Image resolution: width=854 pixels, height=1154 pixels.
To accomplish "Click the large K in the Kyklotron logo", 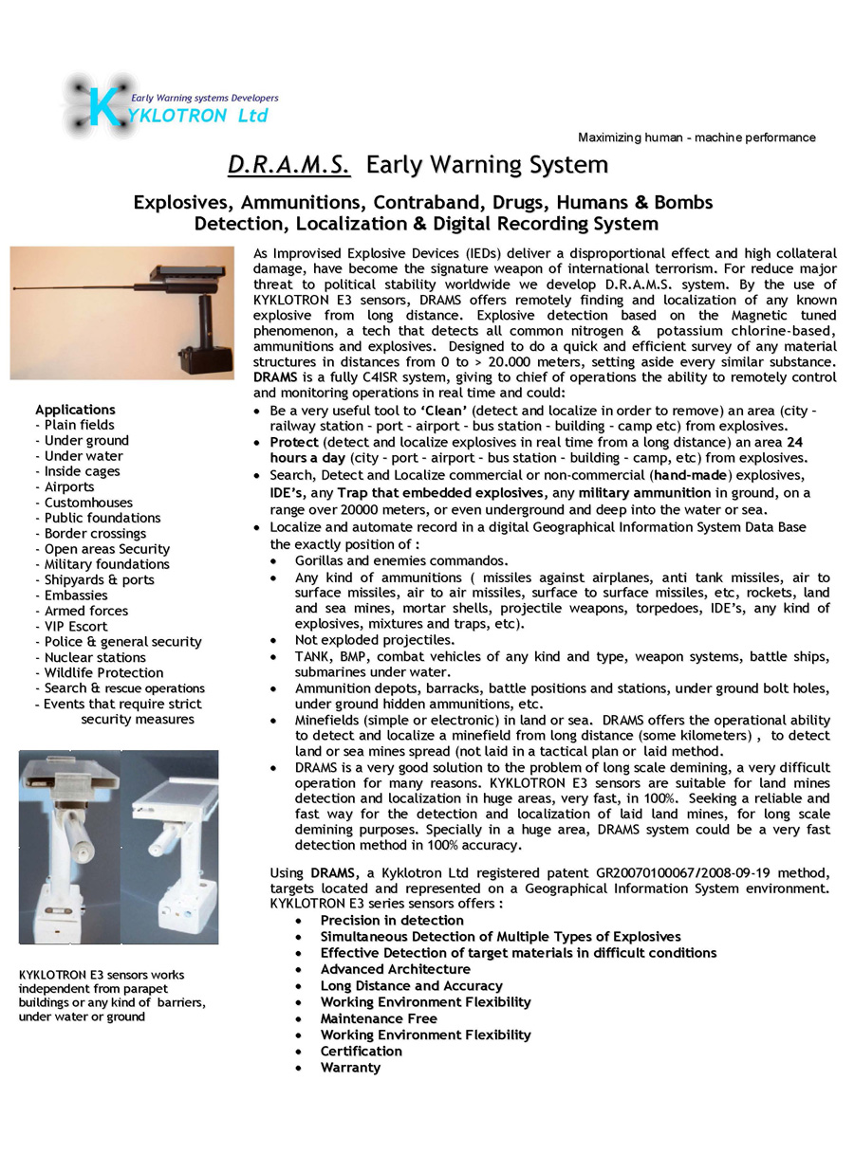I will tap(100, 106).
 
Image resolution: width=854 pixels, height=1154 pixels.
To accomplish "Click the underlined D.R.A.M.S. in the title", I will tap(288, 166).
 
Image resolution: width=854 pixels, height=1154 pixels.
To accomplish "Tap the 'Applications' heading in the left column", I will tap(75, 410).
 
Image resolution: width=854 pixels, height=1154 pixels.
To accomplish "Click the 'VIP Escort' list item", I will tap(76, 626).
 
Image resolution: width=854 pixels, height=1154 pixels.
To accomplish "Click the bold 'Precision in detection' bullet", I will tap(392, 921).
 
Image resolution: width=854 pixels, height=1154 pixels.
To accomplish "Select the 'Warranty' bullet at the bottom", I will tap(350, 1068).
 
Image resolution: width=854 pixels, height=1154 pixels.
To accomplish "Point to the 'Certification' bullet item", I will tap(361, 1051).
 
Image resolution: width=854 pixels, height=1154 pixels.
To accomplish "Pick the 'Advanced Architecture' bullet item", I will tap(395, 969).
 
